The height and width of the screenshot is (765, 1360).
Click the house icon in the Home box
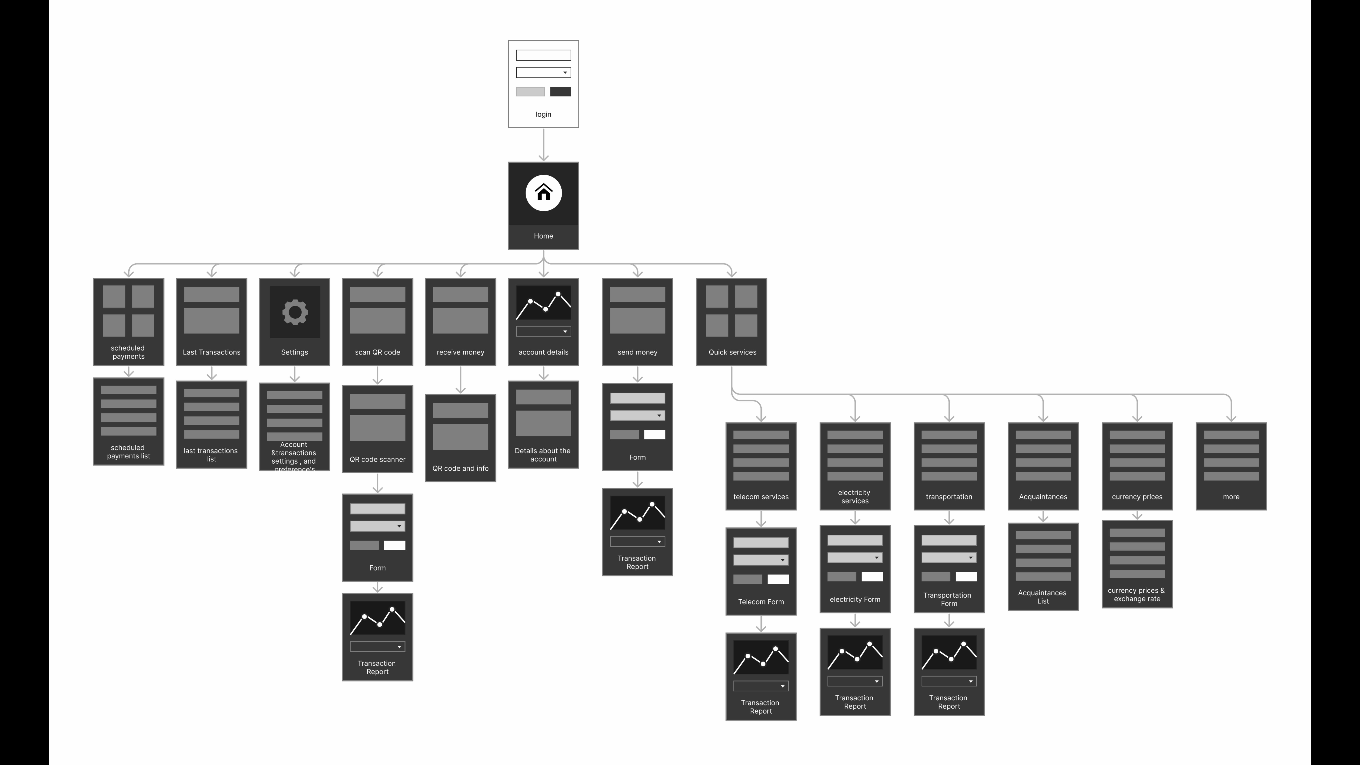(543, 193)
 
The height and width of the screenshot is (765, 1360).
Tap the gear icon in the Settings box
(295, 312)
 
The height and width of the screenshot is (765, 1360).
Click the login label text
(543, 115)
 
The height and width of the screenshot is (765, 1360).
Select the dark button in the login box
(560, 92)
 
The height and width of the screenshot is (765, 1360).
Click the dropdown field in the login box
(543, 72)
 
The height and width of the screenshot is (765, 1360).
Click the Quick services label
(732, 352)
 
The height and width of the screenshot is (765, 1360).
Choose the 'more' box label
(1231, 497)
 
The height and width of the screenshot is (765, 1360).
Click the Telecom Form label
(761, 602)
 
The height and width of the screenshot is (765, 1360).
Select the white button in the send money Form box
(654, 435)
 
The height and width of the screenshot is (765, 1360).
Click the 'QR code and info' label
(460, 468)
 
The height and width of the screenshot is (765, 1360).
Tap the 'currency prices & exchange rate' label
(1137, 594)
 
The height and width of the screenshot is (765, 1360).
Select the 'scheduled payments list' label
(128, 452)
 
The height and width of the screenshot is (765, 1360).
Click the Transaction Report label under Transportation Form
(949, 702)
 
